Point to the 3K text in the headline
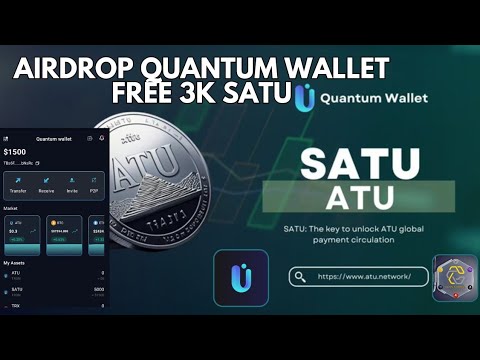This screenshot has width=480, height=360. pos(218,96)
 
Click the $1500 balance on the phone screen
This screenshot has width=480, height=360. pos(16,153)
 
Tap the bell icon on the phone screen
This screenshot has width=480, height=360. pos(101,138)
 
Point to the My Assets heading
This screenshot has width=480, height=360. pos(14,262)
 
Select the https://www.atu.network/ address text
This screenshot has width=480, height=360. pos(364,277)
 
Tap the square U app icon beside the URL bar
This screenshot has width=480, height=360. pos(240,277)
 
